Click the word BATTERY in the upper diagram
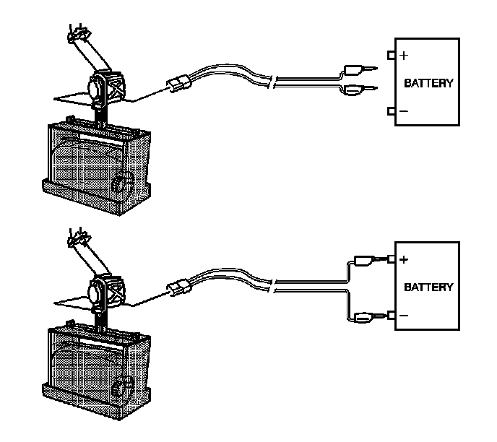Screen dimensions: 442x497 pyautogui.click(x=428, y=83)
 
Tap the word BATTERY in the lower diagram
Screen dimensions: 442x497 pyautogui.click(x=428, y=287)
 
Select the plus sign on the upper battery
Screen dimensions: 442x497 pyautogui.click(x=404, y=55)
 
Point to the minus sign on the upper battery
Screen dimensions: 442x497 pyautogui.click(x=403, y=111)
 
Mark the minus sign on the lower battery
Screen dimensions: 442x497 pyautogui.click(x=403, y=316)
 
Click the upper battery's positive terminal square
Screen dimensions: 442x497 pyautogui.click(x=392, y=55)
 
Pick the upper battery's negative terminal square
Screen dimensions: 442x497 pyautogui.click(x=392, y=111)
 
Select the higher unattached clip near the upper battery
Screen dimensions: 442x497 pyautogui.click(x=356, y=70)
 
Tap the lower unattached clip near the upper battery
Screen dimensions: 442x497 pyautogui.click(x=355, y=90)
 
